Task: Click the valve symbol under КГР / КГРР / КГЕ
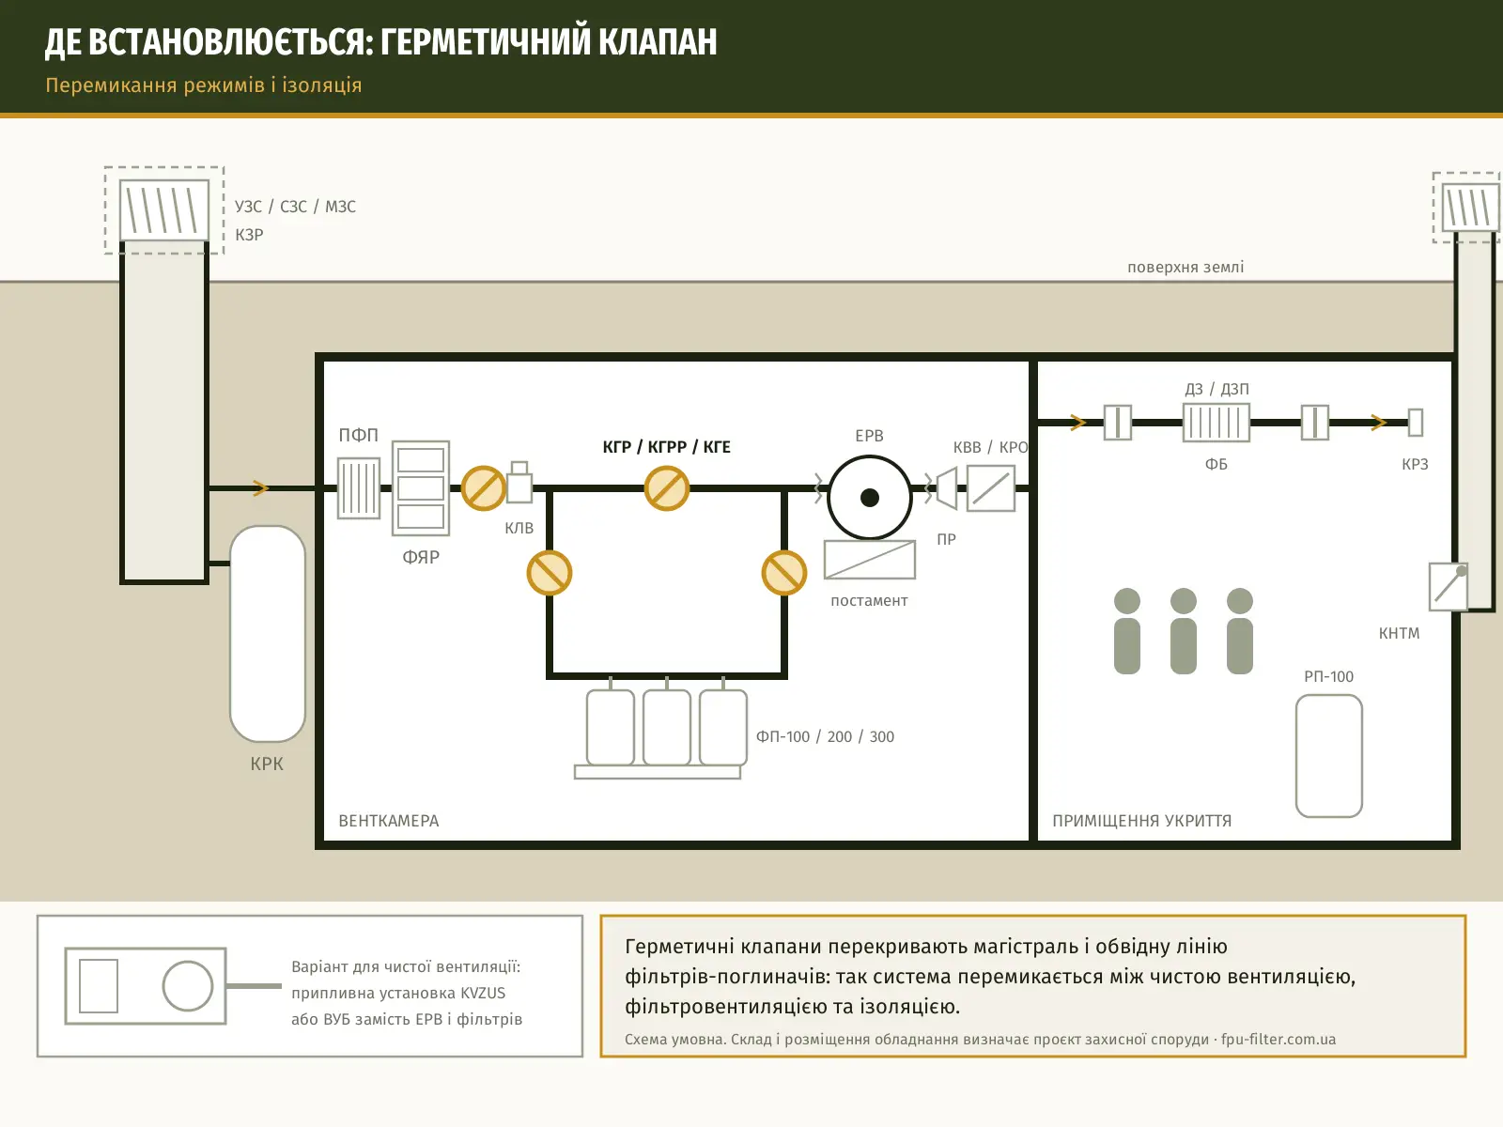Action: tap(666, 487)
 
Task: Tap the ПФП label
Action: tap(358, 435)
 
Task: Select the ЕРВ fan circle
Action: tap(870, 498)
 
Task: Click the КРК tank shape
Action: tap(267, 634)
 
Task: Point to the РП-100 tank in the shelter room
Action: tap(1328, 756)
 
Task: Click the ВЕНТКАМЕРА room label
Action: tap(388, 821)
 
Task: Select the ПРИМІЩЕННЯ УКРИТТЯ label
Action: tap(1141, 821)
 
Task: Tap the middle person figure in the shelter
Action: tap(1184, 631)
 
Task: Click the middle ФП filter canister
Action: tap(666, 727)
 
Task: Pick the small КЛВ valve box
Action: tap(519, 483)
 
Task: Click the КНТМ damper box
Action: tap(1449, 586)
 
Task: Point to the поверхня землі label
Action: tap(1185, 267)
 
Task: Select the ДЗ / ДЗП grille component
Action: tap(1216, 423)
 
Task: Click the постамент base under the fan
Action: tap(870, 560)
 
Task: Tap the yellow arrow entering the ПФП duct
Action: tap(260, 487)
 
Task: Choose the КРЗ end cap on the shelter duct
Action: tap(1415, 423)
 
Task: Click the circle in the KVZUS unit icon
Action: tap(187, 986)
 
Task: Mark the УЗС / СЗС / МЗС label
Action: tap(295, 207)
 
